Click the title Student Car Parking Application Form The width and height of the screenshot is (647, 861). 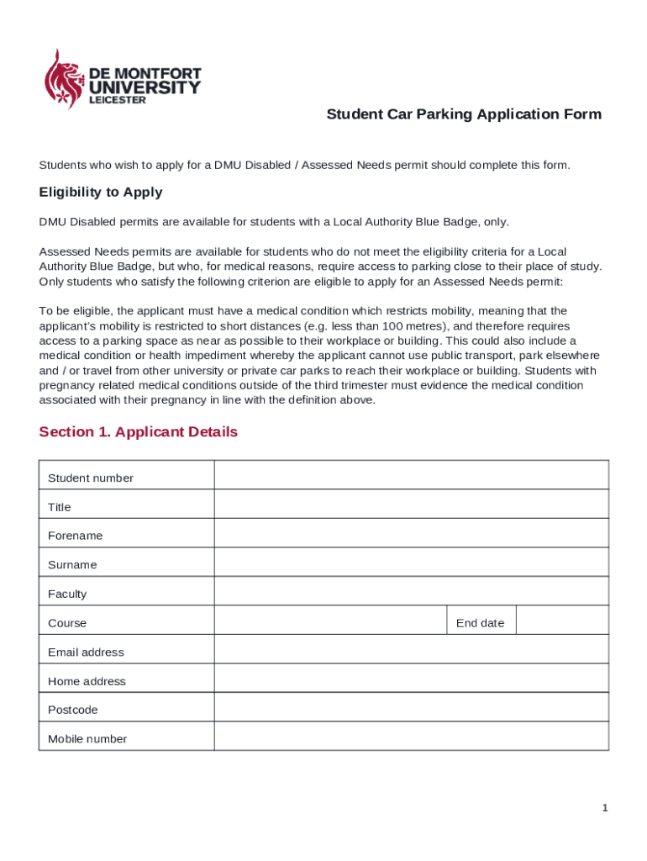pos(464,114)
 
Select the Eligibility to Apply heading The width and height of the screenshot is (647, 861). pos(101,193)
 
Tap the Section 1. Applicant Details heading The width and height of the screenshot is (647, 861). pos(138,432)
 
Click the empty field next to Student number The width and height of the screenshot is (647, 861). pos(411,475)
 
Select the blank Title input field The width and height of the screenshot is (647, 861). pos(411,504)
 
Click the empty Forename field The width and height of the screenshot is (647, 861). pos(411,533)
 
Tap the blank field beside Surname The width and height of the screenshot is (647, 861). pos(411,563)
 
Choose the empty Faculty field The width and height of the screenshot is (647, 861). pos(411,591)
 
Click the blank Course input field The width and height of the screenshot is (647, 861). pos(330,621)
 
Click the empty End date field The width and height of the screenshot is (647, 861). pos(561,621)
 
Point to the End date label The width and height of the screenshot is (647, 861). pos(480,623)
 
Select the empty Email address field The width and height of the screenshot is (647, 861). pos(411,649)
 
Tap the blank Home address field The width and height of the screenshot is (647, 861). pos(411,679)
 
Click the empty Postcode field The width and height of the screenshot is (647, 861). pos(411,707)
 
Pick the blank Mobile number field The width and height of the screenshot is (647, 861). pos(411,737)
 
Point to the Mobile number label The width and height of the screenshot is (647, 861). pos(87,739)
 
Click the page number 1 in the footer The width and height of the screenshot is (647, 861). pos(604,808)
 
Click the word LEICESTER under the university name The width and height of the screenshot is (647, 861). pos(118,100)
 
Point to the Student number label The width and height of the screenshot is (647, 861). pos(91,478)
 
